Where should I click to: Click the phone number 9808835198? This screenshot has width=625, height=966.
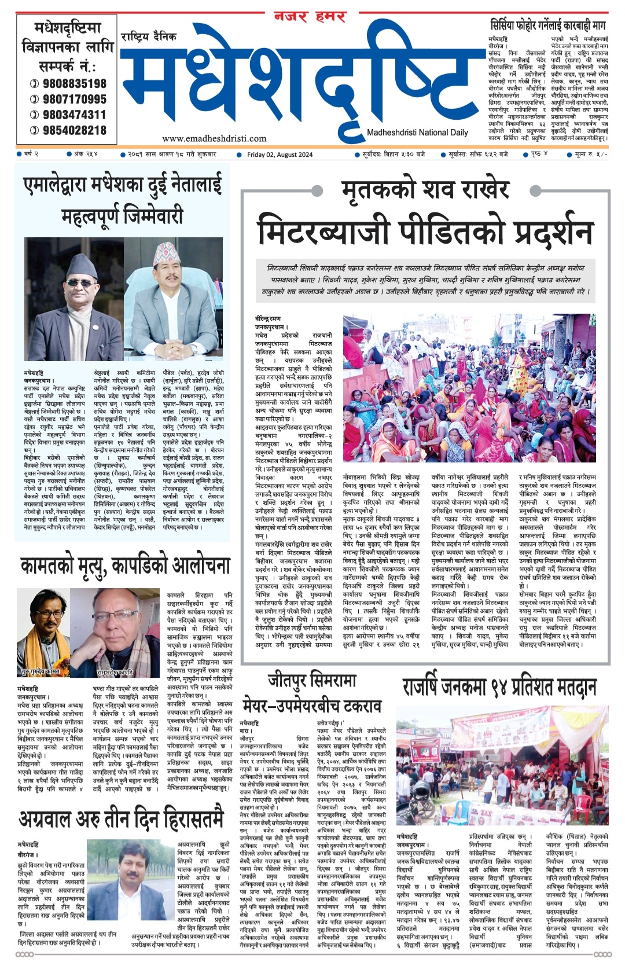74,83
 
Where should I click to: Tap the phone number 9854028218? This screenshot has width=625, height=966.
74,130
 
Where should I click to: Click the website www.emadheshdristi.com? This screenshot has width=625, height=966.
214,138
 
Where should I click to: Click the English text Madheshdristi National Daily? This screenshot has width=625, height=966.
417,133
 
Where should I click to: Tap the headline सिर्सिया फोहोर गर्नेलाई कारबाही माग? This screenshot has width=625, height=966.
547,26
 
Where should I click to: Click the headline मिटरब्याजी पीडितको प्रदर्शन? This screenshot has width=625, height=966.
425,230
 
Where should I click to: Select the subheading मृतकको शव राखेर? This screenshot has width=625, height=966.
425,190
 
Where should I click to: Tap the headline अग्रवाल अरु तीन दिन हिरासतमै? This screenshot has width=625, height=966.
121,819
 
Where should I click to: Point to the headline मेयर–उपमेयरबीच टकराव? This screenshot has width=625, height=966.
312,706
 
